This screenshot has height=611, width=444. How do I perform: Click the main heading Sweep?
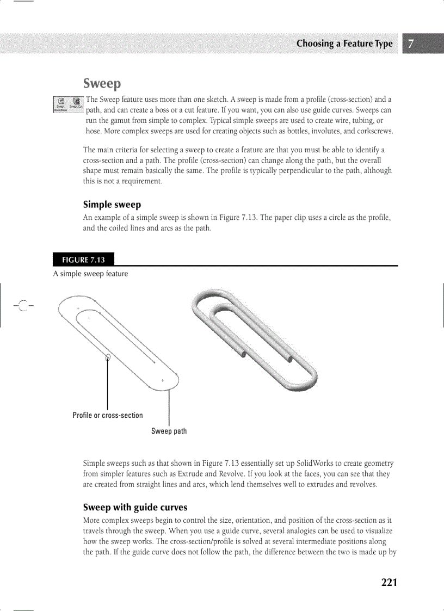click(102, 84)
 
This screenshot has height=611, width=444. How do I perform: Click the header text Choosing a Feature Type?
click(344, 44)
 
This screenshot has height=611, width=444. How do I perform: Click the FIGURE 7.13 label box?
click(83, 260)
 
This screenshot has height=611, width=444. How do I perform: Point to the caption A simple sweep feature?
click(90, 274)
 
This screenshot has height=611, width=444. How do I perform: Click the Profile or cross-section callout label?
click(108, 416)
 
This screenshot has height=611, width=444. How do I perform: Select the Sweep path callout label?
click(169, 431)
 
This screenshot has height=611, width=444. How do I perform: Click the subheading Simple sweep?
click(112, 205)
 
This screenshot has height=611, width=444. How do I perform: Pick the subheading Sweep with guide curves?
click(135, 507)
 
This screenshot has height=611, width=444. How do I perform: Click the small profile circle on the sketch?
click(108, 357)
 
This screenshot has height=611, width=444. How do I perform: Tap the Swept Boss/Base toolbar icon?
click(61, 102)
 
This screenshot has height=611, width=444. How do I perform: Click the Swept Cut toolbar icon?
click(76, 102)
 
